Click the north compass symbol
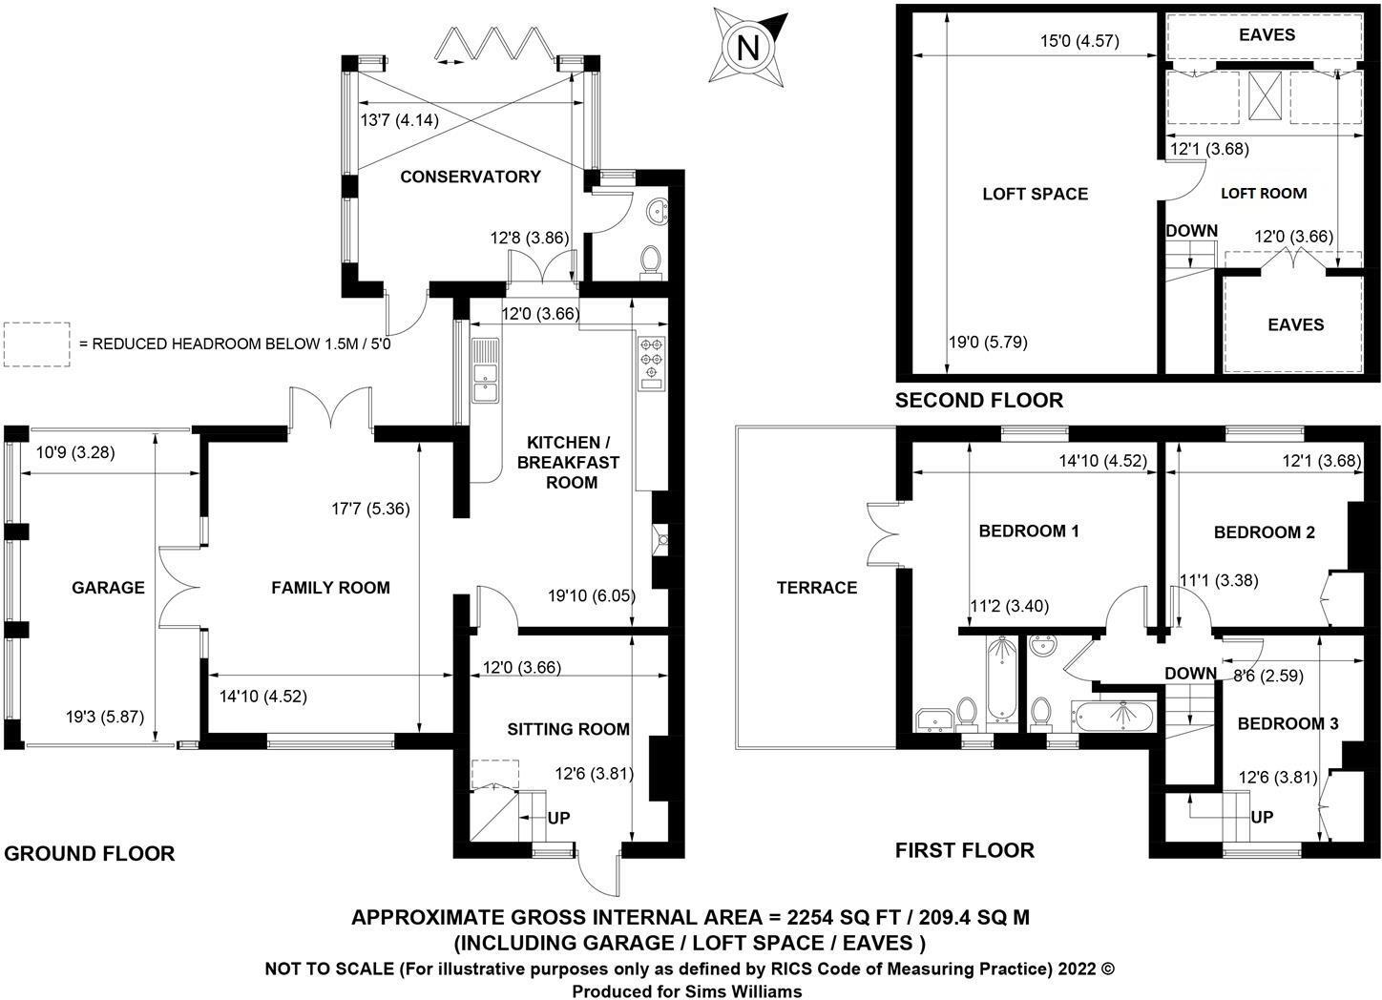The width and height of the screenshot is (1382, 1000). click(749, 47)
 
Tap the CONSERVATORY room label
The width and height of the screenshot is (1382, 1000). click(471, 177)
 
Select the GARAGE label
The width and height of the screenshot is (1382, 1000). click(108, 588)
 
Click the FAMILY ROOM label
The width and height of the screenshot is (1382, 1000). click(330, 588)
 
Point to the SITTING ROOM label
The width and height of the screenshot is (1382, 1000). click(568, 730)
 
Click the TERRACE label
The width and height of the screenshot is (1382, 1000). click(817, 588)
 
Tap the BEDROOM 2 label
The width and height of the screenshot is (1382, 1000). click(1265, 532)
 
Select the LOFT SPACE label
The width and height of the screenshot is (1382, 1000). click(1035, 194)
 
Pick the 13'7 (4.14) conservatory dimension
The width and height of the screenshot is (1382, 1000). click(398, 121)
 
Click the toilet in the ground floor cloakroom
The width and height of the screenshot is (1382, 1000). click(652, 260)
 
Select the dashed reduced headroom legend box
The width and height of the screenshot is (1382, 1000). click(36, 344)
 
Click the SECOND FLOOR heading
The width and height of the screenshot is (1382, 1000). click(978, 401)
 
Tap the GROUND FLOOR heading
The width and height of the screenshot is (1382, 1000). click(90, 854)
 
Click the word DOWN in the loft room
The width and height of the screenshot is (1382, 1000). click(1191, 231)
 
